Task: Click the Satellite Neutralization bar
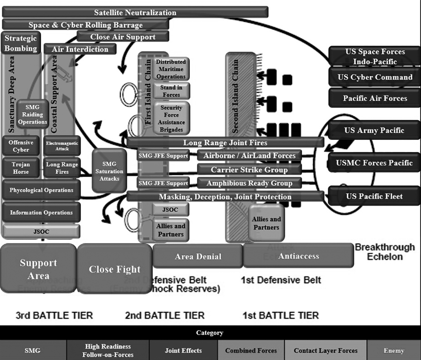pyautogui.click(x=135, y=12)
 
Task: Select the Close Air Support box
pyautogui.click(x=123, y=37)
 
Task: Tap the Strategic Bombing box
pyautogui.click(x=21, y=43)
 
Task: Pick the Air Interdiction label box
pyautogui.click(x=80, y=49)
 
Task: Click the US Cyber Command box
pyautogui.click(x=375, y=77)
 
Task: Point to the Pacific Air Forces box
pyautogui.click(x=375, y=98)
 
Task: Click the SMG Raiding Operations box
pyautogui.click(x=33, y=114)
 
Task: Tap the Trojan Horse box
pyautogui.click(x=21, y=168)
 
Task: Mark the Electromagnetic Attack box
pyautogui.click(x=62, y=146)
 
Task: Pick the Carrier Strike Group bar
pyautogui.click(x=249, y=169)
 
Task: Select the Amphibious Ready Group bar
pyautogui.click(x=249, y=183)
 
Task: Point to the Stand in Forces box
pyautogui.click(x=171, y=91)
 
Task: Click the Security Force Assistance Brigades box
pyautogui.click(x=171, y=119)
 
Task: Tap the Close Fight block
pyautogui.click(x=115, y=269)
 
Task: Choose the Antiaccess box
pyautogui.click(x=298, y=256)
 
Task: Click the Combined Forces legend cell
pyautogui.click(x=251, y=351)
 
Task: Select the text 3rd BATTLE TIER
pyautogui.click(x=54, y=315)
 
